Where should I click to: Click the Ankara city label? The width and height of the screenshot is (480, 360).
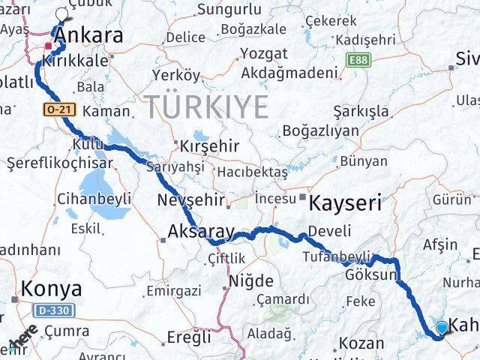pyautogui.click(x=89, y=34)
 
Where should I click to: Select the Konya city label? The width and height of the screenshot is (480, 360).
pyautogui.click(x=50, y=288)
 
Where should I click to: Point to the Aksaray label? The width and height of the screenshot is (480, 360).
pyautogui.click(x=201, y=232)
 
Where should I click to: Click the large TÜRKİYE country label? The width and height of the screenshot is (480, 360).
pyautogui.click(x=207, y=107)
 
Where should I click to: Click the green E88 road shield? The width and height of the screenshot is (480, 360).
pyautogui.click(x=359, y=58)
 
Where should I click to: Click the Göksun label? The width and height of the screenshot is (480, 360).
pyautogui.click(x=370, y=275)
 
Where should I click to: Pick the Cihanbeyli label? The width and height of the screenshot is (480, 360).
pyautogui.click(x=94, y=199)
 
